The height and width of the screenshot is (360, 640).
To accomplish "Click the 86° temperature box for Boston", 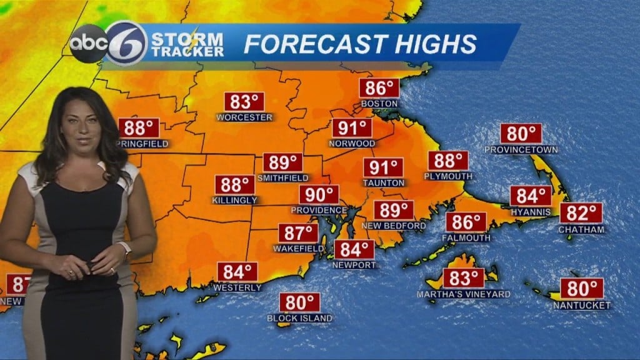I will click(x=379, y=88).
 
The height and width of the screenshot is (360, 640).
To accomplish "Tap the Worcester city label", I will click(x=244, y=117).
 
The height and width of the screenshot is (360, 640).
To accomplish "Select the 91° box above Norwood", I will click(x=352, y=128).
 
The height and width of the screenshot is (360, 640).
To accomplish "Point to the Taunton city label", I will click(x=384, y=182).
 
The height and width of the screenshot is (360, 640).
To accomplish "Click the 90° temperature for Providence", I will click(x=319, y=194).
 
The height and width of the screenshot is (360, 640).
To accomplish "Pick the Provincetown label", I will click(x=521, y=149).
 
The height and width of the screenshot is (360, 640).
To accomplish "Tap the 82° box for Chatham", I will click(x=581, y=213).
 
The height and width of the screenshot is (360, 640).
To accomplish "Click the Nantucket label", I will click(x=582, y=305).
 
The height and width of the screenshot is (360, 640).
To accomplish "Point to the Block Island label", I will click(x=300, y=318).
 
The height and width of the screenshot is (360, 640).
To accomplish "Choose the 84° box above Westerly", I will click(x=237, y=272).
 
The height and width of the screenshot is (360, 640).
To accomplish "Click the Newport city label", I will click(x=354, y=264).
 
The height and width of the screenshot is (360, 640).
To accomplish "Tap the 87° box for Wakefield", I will click(x=298, y=233).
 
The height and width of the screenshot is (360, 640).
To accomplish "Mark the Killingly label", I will click(x=235, y=200).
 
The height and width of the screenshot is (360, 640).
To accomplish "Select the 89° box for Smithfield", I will click(x=283, y=162).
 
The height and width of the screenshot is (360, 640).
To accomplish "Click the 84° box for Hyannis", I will click(x=531, y=196).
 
